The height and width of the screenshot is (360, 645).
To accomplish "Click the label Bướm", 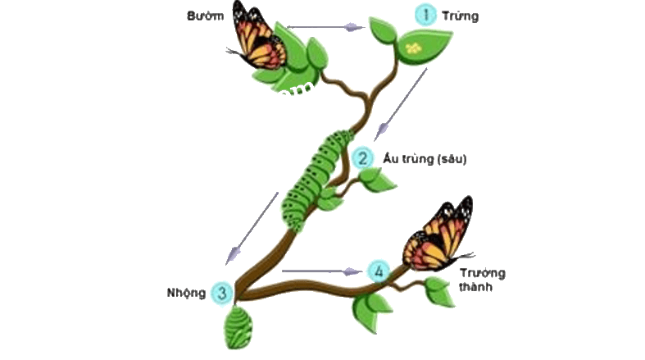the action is (x=205, y=16).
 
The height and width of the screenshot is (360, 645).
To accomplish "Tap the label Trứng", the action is (x=461, y=16).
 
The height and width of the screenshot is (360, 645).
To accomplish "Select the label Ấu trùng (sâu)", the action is (x=425, y=159).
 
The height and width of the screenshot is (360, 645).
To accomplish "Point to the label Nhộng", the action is (x=186, y=293).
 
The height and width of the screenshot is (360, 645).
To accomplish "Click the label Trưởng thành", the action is (x=482, y=280).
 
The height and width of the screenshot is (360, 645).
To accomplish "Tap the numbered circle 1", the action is (x=425, y=16).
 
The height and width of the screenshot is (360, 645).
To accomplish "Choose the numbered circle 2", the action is (x=362, y=158).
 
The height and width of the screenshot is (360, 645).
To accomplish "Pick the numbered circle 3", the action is (x=222, y=293).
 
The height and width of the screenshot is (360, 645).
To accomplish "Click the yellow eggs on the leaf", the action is (x=413, y=48).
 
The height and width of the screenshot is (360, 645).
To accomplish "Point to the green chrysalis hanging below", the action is (x=238, y=328).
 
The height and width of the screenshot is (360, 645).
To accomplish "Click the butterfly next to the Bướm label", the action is (x=257, y=37).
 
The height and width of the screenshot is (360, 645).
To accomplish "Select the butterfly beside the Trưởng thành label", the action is (x=438, y=235).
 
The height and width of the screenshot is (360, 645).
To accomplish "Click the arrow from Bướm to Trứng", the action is (x=326, y=28).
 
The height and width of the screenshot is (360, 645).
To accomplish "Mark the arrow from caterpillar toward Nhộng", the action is (x=252, y=228).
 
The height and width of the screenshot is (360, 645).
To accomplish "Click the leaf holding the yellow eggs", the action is (x=425, y=48).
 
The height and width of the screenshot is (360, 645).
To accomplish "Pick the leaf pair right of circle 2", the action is (x=378, y=180).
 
